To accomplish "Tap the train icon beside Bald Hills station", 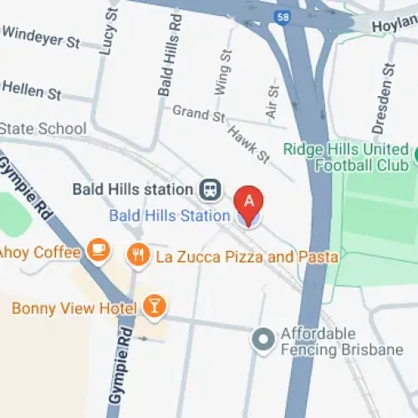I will point(210,189).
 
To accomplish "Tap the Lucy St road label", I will point(107,33).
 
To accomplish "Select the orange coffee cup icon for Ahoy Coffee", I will point(99,250).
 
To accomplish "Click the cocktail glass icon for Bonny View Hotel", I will point(153,307).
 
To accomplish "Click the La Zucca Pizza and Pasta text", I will point(247,256).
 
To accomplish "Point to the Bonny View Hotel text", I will point(74,308).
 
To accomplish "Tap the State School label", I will point(43,129).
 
